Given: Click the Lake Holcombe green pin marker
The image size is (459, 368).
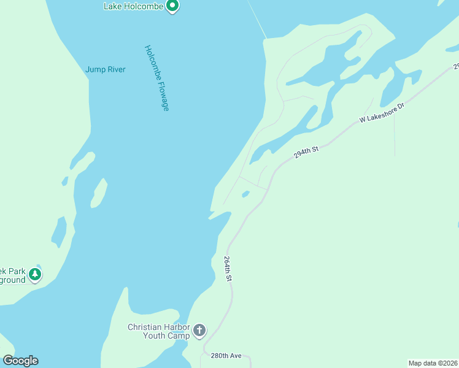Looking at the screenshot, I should click(x=172, y=6).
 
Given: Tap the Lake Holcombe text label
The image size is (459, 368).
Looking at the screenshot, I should click(x=133, y=6).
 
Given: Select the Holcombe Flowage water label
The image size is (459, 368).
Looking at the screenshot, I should click(x=156, y=78).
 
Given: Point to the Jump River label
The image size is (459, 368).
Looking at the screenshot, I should click(x=106, y=69).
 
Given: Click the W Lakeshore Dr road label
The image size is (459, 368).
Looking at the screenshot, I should click(x=382, y=114).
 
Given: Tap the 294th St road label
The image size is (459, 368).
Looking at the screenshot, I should click(x=307, y=152).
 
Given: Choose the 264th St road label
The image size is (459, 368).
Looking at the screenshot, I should click(x=228, y=269).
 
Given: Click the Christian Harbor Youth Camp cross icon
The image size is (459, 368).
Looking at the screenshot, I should click(x=199, y=331).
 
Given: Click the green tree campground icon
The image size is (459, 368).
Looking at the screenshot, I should click(x=36, y=274).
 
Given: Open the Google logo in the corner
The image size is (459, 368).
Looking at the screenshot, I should click(x=20, y=361).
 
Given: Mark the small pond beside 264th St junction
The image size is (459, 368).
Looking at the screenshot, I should click(x=245, y=194).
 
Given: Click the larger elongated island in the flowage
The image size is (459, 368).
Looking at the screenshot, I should click(x=98, y=193).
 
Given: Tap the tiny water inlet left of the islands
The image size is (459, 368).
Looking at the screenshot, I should click(x=64, y=181).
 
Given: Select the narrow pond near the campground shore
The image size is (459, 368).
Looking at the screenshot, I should click(x=59, y=231).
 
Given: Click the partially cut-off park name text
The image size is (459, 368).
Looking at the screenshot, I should click(x=12, y=275).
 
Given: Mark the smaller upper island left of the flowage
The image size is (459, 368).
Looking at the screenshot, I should click(x=82, y=163).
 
